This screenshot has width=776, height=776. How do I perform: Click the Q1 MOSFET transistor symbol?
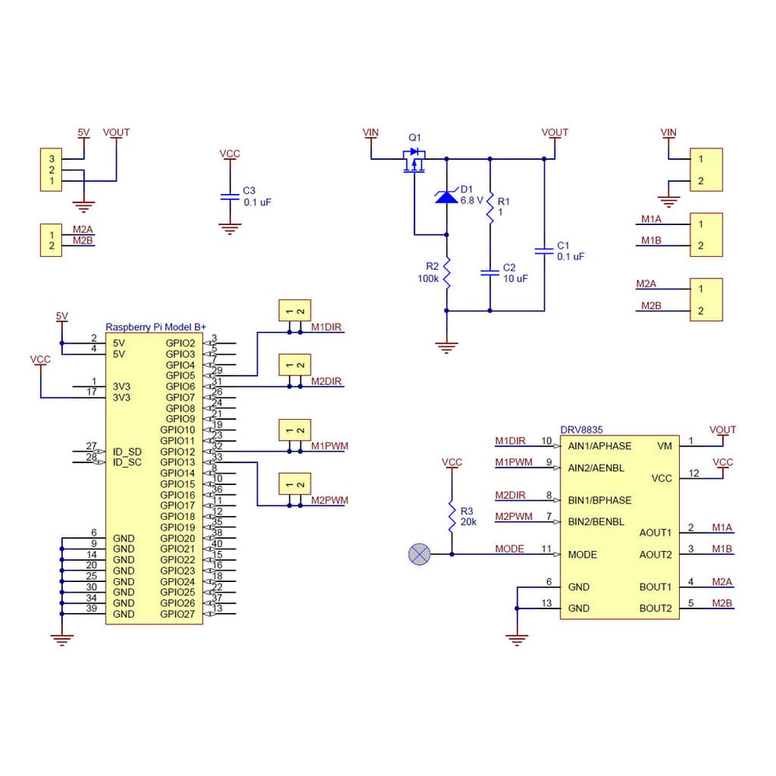[x=414, y=161]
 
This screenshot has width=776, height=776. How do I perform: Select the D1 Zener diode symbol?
[x=446, y=196]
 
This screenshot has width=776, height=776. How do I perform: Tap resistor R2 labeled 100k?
[x=446, y=275]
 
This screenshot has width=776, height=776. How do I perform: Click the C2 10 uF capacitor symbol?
[x=490, y=272]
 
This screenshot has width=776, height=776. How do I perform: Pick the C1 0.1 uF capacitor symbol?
[x=544, y=251]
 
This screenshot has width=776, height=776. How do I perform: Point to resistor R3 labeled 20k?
[x=452, y=517]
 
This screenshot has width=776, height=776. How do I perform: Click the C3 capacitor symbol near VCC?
[x=229, y=196]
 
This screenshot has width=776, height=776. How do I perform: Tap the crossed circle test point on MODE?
[x=420, y=554]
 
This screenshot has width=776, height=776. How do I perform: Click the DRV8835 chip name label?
[x=582, y=428]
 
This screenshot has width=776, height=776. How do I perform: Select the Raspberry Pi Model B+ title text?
[x=156, y=327]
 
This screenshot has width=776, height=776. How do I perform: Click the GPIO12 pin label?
[x=178, y=452]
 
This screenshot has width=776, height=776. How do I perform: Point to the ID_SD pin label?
[x=127, y=452]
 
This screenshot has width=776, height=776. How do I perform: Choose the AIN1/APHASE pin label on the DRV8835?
[x=599, y=446]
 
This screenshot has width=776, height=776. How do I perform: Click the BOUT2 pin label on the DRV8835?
[x=655, y=608]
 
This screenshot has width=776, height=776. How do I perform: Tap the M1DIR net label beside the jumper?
[x=327, y=327]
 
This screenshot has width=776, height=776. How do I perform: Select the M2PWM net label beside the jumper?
[x=330, y=501]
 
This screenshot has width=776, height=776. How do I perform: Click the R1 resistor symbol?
[x=490, y=206]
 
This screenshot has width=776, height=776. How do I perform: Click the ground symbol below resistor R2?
[x=446, y=347]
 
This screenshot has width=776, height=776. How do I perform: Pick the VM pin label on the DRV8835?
[x=664, y=446]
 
